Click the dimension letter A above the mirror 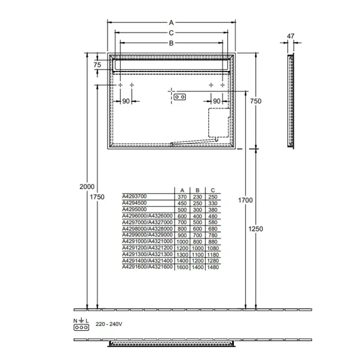[171, 23]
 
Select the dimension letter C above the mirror [171, 33]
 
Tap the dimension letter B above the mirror [171, 43]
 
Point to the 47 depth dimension [291, 37]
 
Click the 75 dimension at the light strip [97, 65]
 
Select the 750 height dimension [256, 101]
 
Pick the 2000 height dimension [87, 187]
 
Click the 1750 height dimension [97, 197]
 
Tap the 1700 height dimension [245, 200]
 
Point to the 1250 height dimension [256, 229]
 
